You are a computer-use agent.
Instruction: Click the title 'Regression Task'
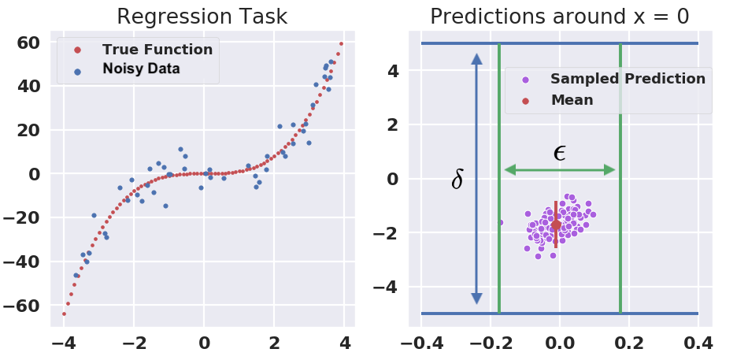(x=202, y=17)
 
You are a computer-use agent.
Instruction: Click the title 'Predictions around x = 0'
(x=560, y=17)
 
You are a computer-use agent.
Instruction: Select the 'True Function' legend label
(x=157, y=50)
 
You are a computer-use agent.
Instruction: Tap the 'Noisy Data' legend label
(x=141, y=69)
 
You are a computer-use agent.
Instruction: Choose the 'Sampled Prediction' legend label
(x=628, y=79)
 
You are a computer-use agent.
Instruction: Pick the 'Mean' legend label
(x=572, y=100)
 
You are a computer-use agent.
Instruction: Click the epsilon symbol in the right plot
(x=560, y=153)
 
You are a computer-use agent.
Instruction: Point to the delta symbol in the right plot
(x=457, y=180)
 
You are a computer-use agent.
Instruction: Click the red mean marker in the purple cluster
(x=556, y=225)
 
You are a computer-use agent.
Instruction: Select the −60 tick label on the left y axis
(x=21, y=305)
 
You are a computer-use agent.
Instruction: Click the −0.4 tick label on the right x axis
(x=421, y=343)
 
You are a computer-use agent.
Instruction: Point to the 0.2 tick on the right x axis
(x=630, y=343)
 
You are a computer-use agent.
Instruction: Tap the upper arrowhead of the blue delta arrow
(x=477, y=58)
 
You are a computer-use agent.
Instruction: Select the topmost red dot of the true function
(x=341, y=44)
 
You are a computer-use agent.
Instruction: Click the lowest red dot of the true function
(x=64, y=314)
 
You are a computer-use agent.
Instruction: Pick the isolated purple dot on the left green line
(x=501, y=222)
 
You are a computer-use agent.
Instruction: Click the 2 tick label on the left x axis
(x=274, y=343)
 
